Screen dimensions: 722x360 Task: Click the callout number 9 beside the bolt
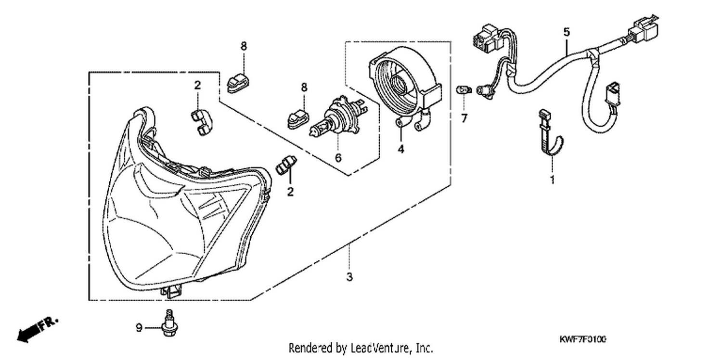[x=139, y=328]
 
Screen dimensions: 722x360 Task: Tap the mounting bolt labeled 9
[x=169, y=323]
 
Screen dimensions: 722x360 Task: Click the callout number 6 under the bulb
[x=338, y=158]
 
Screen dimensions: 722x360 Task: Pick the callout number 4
[x=400, y=149]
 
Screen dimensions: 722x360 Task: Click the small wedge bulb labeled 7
[x=464, y=90]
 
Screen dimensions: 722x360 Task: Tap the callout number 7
[x=464, y=118]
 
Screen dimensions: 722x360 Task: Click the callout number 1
[x=553, y=180]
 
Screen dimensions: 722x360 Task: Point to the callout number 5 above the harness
[x=567, y=32]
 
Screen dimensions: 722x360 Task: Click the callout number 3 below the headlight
[x=349, y=277]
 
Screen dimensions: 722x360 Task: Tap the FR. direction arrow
[x=38, y=330]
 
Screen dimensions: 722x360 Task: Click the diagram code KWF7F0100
[x=582, y=339]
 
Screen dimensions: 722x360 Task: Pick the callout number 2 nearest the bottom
[x=290, y=192]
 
